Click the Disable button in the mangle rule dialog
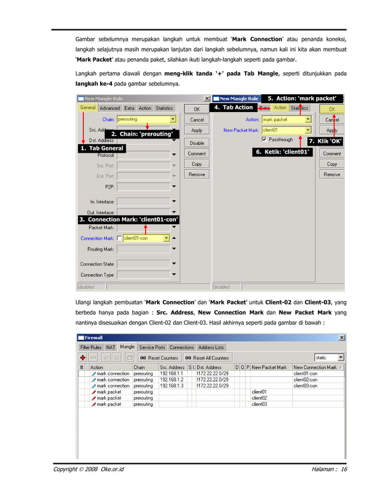click(x=197, y=143)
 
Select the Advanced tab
click(x=110, y=108)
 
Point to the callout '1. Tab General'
click(x=101, y=148)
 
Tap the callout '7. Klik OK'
click(x=325, y=141)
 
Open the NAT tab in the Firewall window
click(x=111, y=347)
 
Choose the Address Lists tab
click(x=211, y=347)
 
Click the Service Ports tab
click(x=152, y=347)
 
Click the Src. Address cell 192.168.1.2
click(x=172, y=379)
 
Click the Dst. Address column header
click(x=213, y=367)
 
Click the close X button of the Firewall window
click(x=342, y=338)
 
